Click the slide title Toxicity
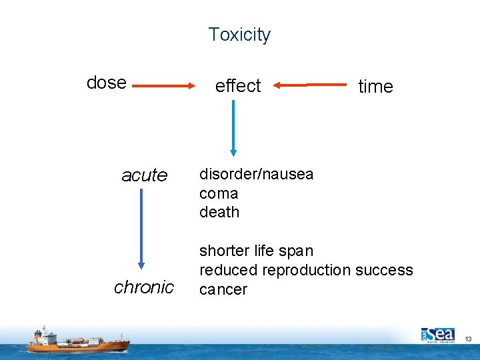click(x=239, y=35)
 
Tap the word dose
click(x=107, y=83)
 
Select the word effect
click(x=237, y=86)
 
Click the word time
click(x=375, y=87)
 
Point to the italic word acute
click(x=144, y=175)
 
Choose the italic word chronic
click(x=144, y=287)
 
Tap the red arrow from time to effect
click(x=310, y=85)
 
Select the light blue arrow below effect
click(x=233, y=127)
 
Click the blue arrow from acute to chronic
click(x=141, y=229)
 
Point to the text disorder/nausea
click(x=256, y=175)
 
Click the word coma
click(x=218, y=193)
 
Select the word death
click(x=219, y=212)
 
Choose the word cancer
click(x=223, y=289)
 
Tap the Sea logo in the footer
click(x=437, y=334)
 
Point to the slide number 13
click(x=468, y=339)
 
